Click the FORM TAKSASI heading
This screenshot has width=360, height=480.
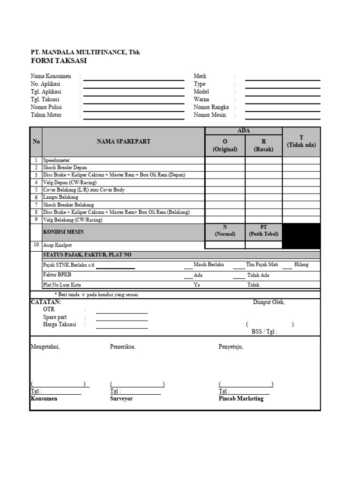59,61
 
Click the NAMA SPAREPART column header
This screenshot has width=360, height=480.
123,142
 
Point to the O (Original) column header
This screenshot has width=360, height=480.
225,145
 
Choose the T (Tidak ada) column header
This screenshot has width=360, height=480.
301,141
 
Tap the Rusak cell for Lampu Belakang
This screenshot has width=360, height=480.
263,197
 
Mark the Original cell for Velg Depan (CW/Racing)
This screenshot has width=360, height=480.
225,182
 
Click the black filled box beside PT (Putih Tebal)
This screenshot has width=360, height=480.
301,236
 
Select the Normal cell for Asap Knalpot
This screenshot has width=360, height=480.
225,245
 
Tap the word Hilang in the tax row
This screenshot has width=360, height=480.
301,265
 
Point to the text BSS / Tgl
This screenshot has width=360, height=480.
264,332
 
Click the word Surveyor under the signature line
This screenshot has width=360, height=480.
121,398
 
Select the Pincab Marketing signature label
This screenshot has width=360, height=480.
241,398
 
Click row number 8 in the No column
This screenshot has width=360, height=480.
36,212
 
